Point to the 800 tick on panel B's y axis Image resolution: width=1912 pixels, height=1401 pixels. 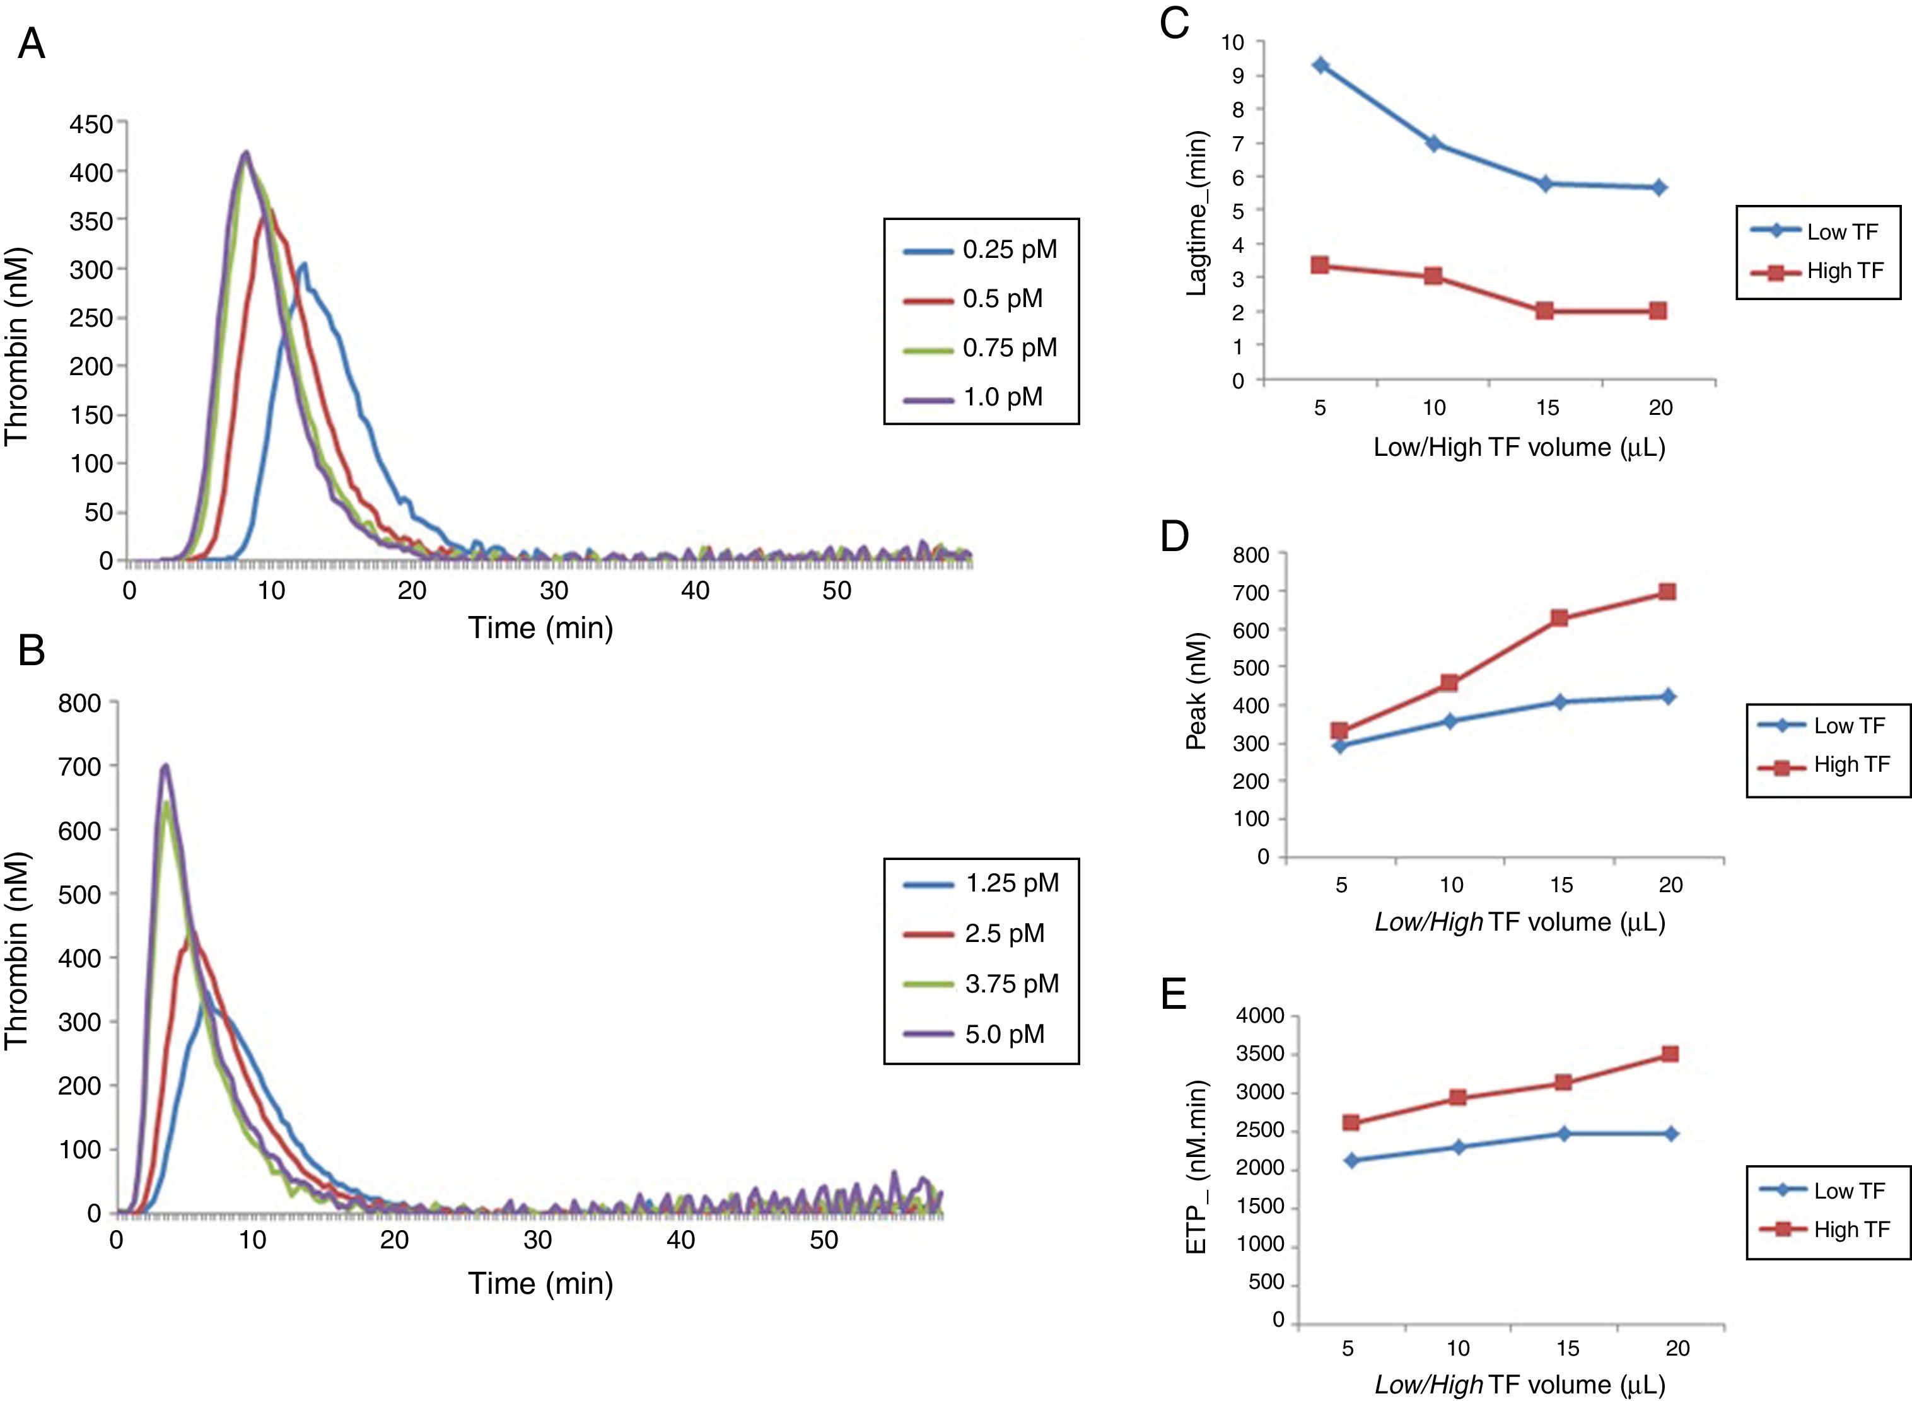(x=79, y=702)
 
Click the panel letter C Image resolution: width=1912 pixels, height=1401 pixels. (x=1174, y=23)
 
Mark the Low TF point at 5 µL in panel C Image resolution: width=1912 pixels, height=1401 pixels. (x=1320, y=66)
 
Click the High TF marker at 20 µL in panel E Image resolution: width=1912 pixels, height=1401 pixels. (x=1670, y=1054)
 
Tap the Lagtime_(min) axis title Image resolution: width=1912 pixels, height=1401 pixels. (x=1196, y=212)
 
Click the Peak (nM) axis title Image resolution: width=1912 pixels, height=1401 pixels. (x=1196, y=690)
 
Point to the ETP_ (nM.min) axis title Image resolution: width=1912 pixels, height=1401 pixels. (x=1196, y=1167)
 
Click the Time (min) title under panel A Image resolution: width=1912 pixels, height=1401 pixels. (x=540, y=627)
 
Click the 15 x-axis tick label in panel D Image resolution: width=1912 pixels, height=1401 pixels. (x=1561, y=885)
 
